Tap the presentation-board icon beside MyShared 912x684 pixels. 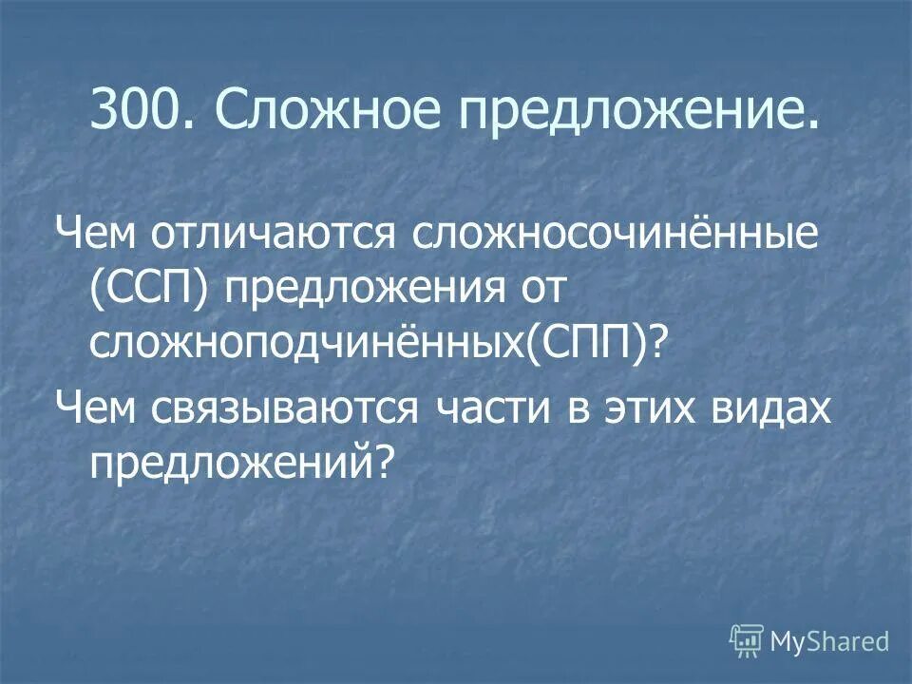point(747,641)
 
